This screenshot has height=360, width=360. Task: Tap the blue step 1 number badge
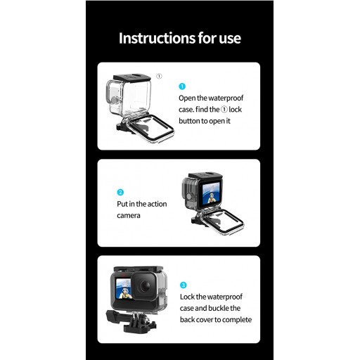pos(182,86)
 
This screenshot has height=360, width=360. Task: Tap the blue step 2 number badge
pos(120,192)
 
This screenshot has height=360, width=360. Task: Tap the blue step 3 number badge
pos(184,285)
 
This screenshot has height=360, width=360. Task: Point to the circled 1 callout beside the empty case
pos(159,76)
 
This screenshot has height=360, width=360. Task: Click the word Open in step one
pos(188,98)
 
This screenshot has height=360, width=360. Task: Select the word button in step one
pos(191,120)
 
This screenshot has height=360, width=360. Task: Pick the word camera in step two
pos(129,215)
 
